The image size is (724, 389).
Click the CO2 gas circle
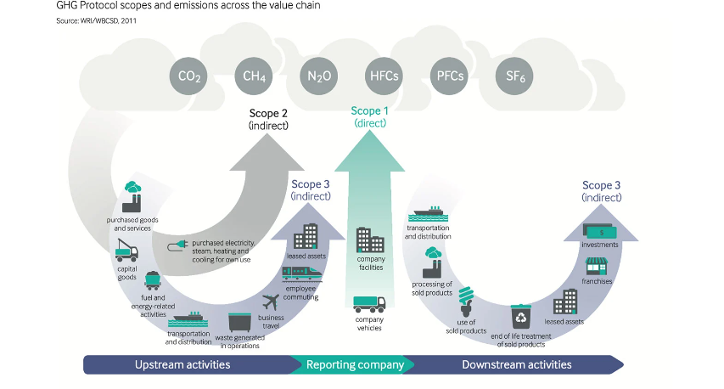tap(189, 76)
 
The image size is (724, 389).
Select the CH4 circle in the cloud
tap(255, 76)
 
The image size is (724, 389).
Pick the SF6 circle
tap(515, 76)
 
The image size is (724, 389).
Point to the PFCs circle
tap(450, 76)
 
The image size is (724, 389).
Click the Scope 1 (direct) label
tap(370, 116)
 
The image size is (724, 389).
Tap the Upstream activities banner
tap(182, 365)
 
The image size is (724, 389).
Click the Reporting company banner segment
tap(355, 365)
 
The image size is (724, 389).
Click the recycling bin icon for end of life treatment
tap(519, 317)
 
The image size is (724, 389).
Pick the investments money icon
tap(600, 230)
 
